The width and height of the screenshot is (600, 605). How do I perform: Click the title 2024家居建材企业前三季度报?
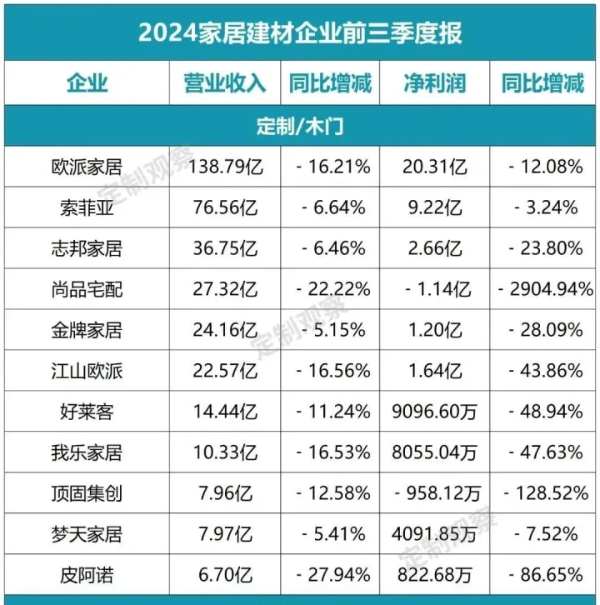(300, 32)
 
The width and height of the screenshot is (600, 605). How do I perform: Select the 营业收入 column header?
(225, 83)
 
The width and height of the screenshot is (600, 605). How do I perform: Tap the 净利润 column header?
(434, 83)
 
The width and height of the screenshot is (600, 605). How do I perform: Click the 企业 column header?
(87, 83)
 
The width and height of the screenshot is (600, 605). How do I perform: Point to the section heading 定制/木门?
(300, 127)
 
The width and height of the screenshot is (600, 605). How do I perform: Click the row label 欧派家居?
(87, 167)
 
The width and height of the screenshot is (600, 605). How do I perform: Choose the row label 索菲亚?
(87, 207)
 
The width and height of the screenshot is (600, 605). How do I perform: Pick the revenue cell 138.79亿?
(226, 167)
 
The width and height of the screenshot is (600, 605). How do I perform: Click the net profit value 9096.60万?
(434, 412)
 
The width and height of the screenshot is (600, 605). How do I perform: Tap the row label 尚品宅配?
(87, 289)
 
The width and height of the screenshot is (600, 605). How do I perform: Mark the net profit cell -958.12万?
(434, 493)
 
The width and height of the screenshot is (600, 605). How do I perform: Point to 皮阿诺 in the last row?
(87, 575)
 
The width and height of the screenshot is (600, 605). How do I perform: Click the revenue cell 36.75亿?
(226, 248)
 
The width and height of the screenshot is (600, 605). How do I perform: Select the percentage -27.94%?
(331, 575)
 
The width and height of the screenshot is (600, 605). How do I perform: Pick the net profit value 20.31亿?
(434, 167)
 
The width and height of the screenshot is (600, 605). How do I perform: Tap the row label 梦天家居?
(87, 534)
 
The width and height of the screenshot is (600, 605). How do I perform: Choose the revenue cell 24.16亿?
(226, 330)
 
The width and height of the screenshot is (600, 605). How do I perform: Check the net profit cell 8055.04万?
(434, 452)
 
